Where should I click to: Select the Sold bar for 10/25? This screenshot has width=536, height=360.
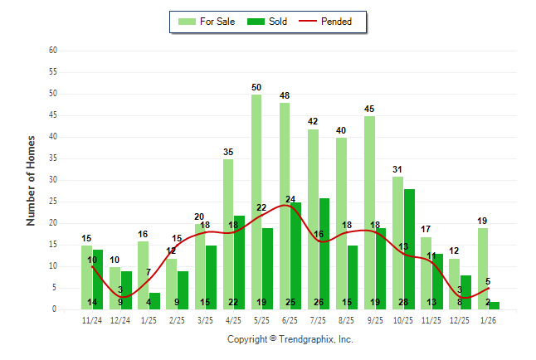point(409,249)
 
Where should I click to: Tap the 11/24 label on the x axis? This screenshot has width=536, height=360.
point(92,319)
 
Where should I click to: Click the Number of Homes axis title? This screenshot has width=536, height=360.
point(31,180)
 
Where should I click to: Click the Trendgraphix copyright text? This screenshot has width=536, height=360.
point(290,339)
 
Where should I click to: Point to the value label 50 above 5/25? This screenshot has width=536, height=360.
point(256,87)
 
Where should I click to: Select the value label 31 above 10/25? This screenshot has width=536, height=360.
point(397,169)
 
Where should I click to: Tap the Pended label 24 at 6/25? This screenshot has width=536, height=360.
point(290,199)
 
